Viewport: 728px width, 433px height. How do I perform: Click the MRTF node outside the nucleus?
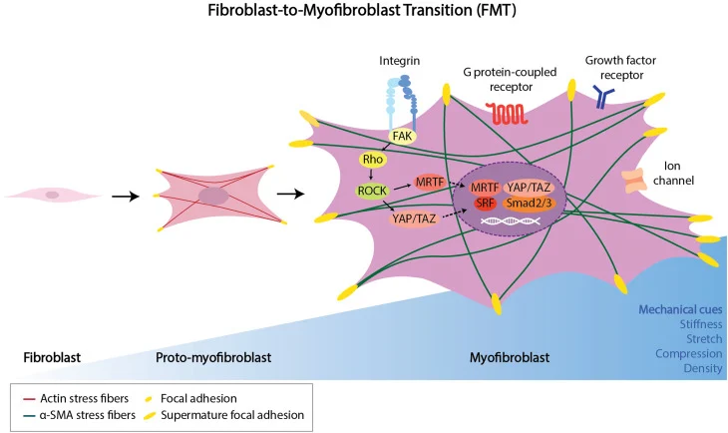[x=430, y=183]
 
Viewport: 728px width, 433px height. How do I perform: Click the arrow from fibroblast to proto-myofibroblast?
[x=124, y=196]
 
